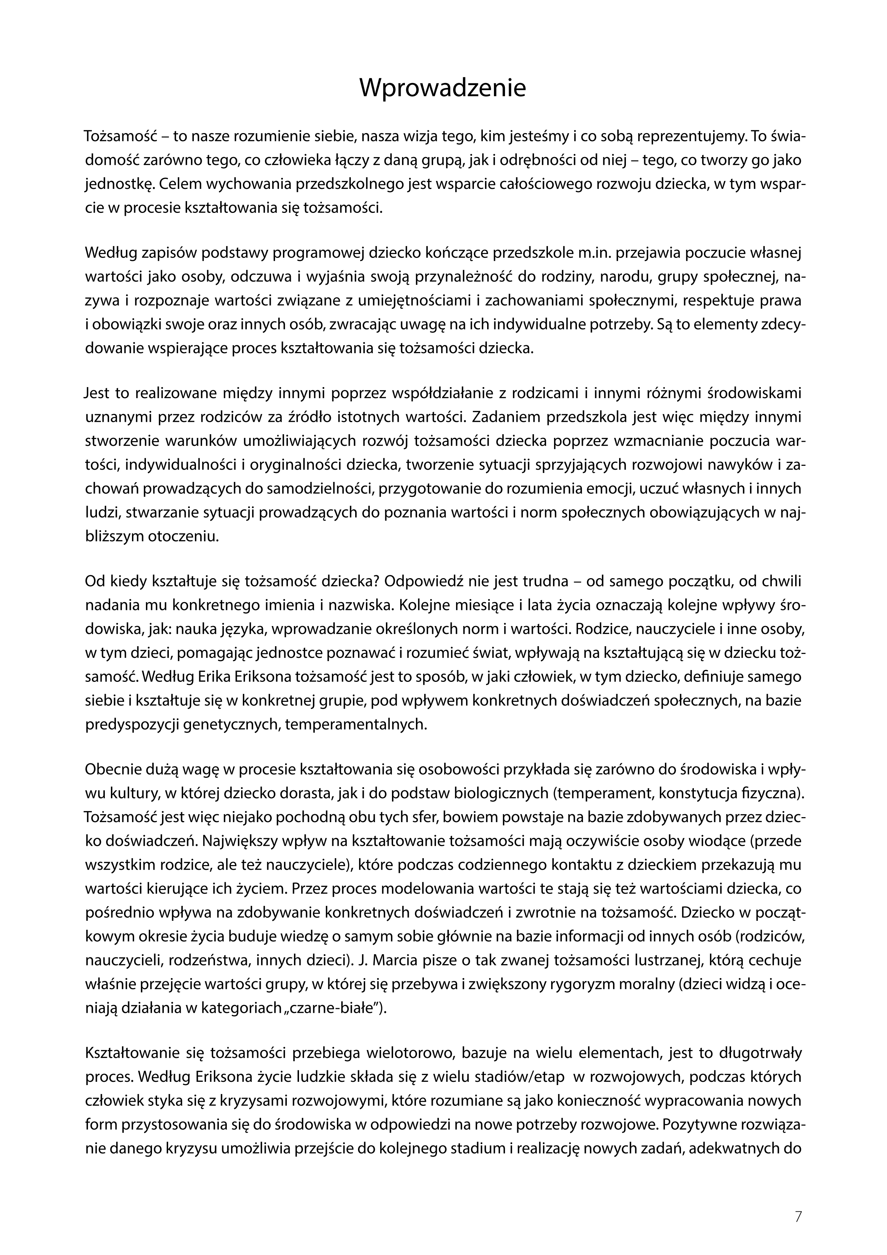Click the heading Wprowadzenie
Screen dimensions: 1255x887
[x=443, y=88]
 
